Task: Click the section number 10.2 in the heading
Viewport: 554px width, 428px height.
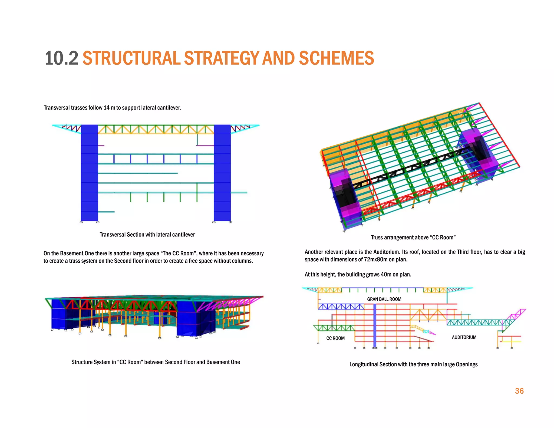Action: (x=61, y=58)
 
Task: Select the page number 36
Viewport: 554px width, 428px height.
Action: (x=519, y=391)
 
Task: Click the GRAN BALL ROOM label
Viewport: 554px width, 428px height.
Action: (x=384, y=299)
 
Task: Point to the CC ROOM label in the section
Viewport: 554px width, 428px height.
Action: (x=335, y=338)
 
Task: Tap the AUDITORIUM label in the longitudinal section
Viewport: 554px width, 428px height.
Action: (x=464, y=337)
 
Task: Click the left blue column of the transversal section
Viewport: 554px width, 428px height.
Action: (x=90, y=173)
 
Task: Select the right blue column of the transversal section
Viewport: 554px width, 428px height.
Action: (x=222, y=173)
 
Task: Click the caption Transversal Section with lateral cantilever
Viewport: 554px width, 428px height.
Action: (x=147, y=235)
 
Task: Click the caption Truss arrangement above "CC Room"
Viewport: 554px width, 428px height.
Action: (x=413, y=238)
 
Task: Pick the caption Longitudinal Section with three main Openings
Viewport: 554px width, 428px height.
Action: (x=413, y=364)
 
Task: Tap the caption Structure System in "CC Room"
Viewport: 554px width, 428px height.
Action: (x=156, y=362)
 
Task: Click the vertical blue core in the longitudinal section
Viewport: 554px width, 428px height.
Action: (x=375, y=325)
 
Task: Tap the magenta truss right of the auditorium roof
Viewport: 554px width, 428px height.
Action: (x=517, y=315)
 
